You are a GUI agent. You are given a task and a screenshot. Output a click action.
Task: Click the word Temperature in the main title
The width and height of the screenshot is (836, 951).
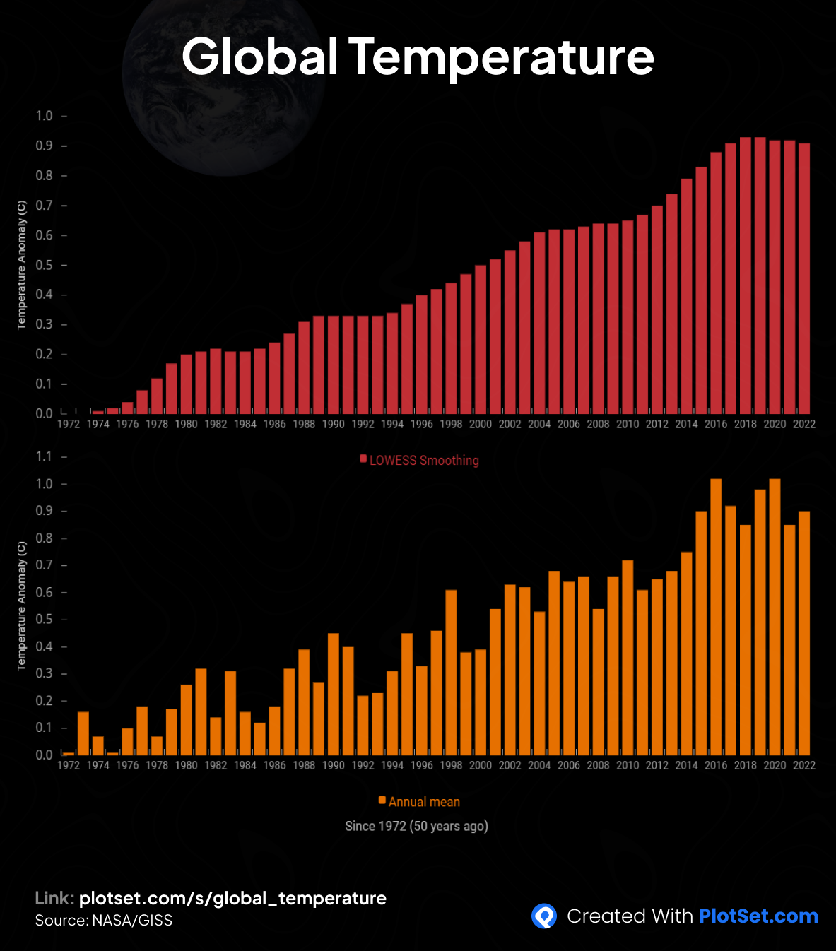(x=501, y=57)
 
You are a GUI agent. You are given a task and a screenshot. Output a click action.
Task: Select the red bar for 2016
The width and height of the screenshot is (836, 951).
(x=716, y=283)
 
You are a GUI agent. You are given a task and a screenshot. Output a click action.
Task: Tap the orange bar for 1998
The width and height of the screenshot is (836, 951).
(x=451, y=671)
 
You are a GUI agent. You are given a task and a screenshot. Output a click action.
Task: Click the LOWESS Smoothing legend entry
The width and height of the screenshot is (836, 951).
(x=420, y=461)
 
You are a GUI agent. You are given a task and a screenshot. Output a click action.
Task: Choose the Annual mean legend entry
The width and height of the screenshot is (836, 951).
(x=420, y=802)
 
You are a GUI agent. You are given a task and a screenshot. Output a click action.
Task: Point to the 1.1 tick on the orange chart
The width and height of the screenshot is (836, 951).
(x=45, y=456)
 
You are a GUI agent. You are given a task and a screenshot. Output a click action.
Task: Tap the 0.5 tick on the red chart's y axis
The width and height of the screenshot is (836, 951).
(x=45, y=265)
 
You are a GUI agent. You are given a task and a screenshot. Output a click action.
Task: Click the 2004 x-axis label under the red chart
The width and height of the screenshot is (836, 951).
(x=539, y=424)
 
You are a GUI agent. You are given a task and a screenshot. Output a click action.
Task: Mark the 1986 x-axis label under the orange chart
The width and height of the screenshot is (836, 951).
(x=275, y=765)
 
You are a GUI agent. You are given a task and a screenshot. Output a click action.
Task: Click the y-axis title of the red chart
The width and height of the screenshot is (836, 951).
(x=21, y=265)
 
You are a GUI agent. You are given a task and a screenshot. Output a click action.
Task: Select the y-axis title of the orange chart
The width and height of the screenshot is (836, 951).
(x=21, y=606)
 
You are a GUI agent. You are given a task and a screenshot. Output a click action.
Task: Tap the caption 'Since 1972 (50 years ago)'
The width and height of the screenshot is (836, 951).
(x=416, y=826)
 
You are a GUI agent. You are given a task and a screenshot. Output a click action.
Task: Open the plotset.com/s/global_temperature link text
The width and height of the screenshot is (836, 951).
(x=232, y=898)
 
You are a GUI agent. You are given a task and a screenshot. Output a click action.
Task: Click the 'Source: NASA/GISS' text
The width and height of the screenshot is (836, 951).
(x=104, y=920)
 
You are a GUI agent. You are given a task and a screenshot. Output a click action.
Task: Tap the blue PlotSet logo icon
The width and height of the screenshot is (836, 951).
(x=543, y=916)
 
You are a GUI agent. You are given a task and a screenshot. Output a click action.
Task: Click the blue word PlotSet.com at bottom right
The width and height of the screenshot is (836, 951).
(x=758, y=916)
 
